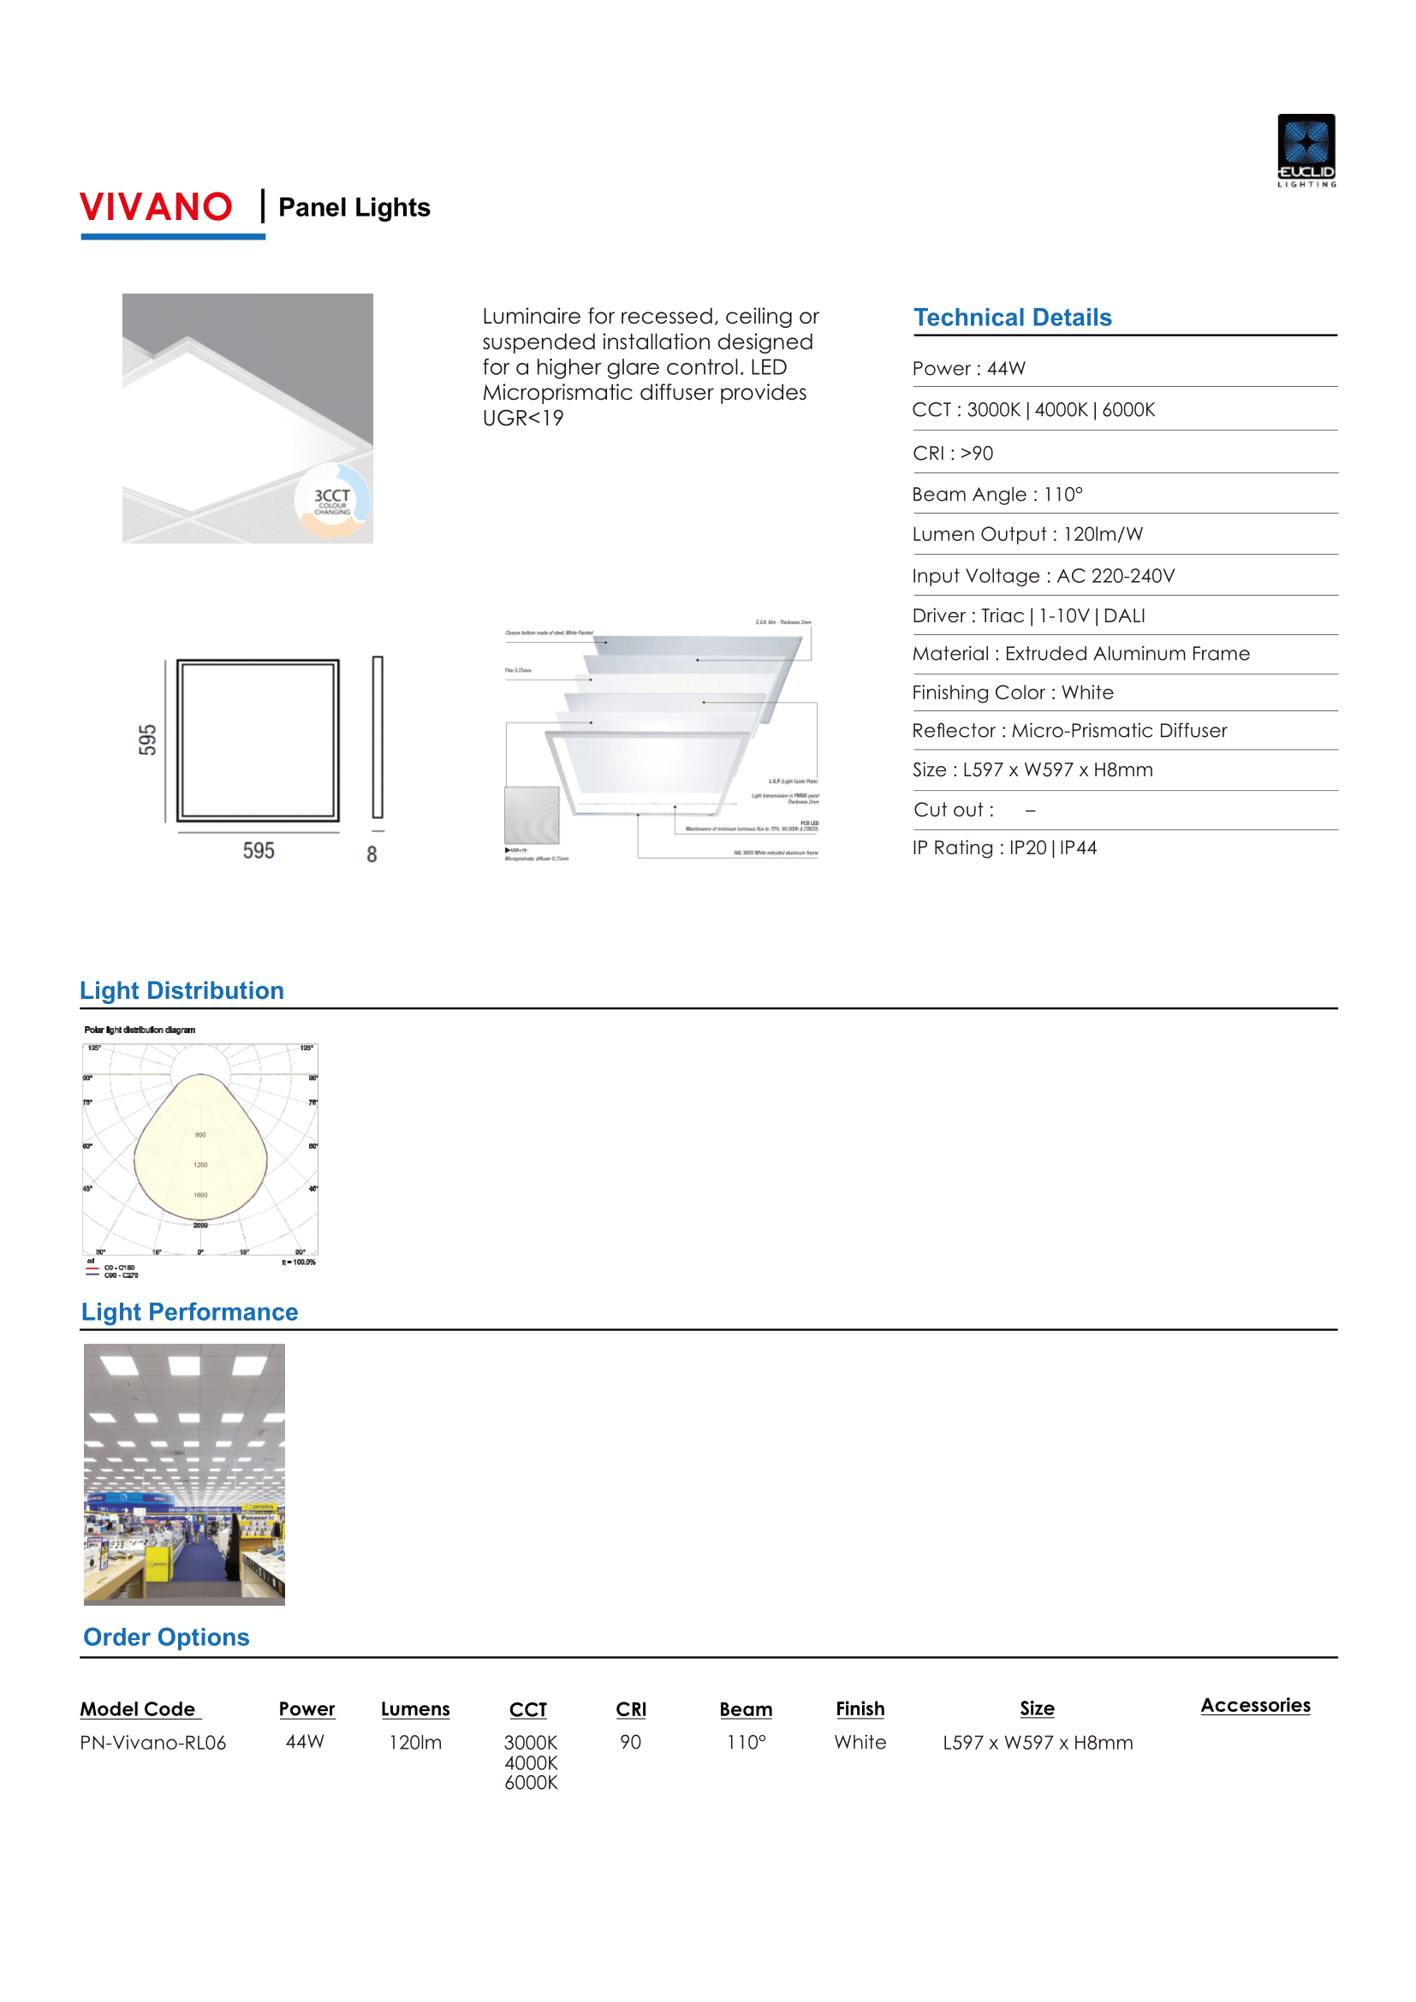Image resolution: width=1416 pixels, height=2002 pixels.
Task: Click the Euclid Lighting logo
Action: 1306,150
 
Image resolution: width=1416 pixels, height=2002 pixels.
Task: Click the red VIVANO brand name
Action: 156,207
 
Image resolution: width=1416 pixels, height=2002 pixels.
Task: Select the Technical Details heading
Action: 1012,318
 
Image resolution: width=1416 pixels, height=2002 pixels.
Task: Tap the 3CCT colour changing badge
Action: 332,501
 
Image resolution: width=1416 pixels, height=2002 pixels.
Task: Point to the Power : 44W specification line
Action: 969,369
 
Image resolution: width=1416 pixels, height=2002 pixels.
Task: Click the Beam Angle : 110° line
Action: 997,495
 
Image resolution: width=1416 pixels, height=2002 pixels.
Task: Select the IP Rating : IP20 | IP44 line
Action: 1004,847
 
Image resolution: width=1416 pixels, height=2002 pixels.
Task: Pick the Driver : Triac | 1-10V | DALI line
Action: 1029,615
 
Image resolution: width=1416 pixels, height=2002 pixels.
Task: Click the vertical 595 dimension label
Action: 147,740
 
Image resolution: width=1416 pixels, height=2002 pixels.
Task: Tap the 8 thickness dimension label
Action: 372,854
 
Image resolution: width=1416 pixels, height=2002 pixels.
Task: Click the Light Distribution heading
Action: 181,990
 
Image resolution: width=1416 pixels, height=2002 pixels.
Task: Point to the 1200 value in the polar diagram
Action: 200,1165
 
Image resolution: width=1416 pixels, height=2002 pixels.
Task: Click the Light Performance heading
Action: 189,1312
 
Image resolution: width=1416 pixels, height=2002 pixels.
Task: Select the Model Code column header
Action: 138,1709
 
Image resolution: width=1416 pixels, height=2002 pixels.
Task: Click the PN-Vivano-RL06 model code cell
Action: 152,1742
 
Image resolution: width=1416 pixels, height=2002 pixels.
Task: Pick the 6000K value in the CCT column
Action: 531,1782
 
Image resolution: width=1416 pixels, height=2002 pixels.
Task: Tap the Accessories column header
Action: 1256,1706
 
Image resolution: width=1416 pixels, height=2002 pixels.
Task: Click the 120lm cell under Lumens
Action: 415,1742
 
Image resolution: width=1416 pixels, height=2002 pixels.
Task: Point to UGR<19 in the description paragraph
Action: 523,419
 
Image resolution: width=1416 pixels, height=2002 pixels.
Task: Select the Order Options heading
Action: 166,1637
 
